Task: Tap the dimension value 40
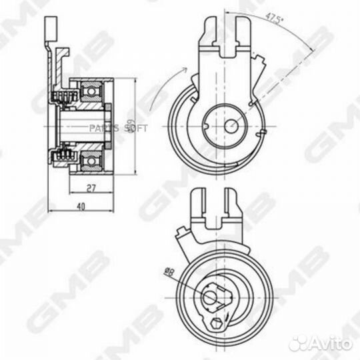tap(81, 207)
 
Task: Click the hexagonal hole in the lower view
tap(215, 325)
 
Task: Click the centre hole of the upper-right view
tap(230, 125)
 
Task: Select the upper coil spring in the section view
tap(63, 99)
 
